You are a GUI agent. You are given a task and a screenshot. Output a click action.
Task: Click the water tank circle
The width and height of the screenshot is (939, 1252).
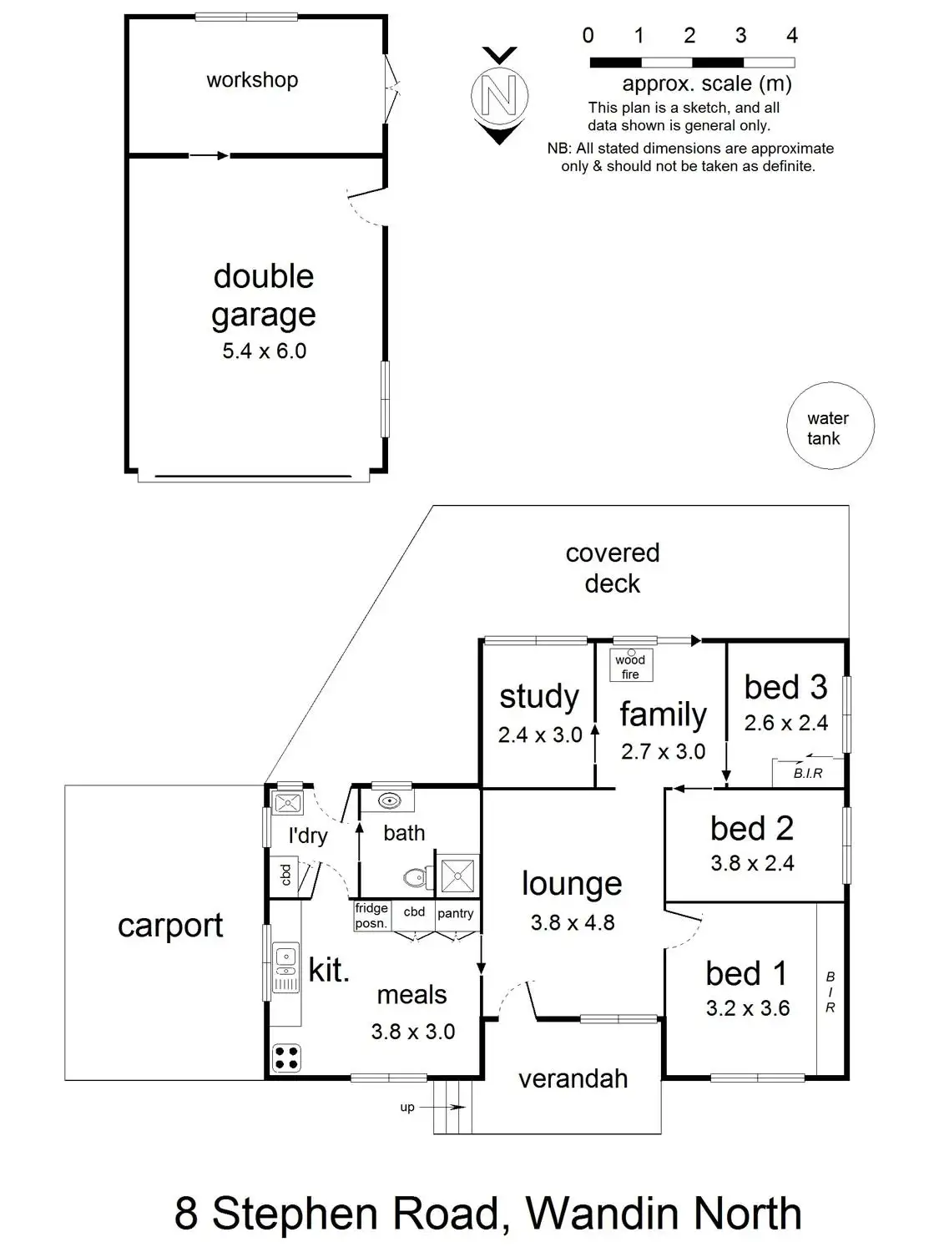click(830, 427)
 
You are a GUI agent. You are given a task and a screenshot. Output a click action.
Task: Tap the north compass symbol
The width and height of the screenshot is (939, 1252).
click(500, 95)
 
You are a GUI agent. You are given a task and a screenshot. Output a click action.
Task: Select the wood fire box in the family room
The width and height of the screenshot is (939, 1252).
click(630, 665)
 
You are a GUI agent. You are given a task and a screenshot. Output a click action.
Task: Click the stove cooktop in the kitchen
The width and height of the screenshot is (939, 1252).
click(286, 1057)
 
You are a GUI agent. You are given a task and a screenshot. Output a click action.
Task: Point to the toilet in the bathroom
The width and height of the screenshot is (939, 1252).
click(416, 877)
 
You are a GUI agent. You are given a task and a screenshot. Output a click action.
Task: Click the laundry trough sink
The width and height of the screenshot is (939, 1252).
click(287, 804)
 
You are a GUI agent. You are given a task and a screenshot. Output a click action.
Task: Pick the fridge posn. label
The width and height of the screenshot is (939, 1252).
click(371, 916)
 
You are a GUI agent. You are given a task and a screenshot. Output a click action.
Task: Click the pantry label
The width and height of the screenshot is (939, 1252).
click(456, 913)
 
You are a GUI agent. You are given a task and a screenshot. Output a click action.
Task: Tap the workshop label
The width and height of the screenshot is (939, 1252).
click(252, 80)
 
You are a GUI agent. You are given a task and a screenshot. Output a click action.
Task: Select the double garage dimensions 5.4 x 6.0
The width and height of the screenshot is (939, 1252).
click(264, 351)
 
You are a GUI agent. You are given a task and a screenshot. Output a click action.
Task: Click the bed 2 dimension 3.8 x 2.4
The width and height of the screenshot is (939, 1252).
click(752, 863)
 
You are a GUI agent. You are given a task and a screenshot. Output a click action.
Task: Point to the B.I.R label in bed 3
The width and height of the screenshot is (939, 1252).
click(808, 773)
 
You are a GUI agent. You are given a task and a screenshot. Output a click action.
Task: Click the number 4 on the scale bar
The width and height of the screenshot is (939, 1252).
click(792, 36)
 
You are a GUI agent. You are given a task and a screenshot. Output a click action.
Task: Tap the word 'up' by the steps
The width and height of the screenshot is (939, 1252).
click(407, 1108)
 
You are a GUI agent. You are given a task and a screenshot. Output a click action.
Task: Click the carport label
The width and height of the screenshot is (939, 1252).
click(170, 926)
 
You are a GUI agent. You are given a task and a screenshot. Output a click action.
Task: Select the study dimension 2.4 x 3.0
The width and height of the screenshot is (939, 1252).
click(540, 735)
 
